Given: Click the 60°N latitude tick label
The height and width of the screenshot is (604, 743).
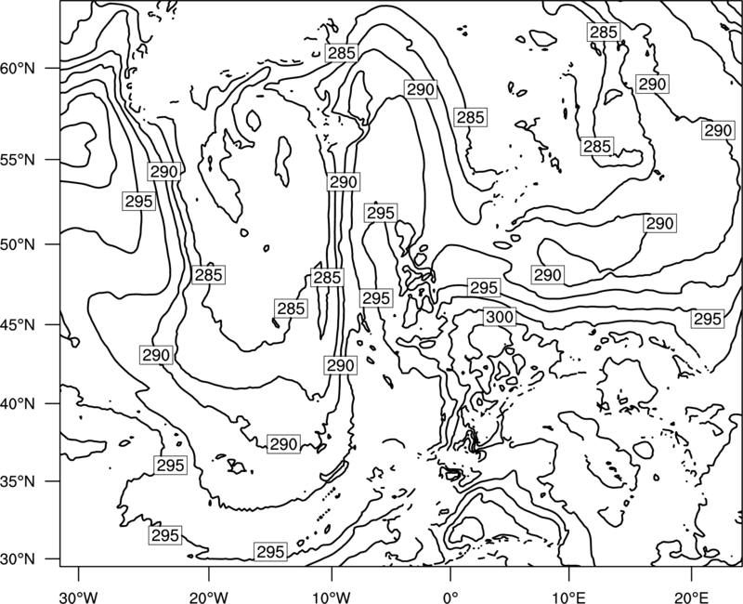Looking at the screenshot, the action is pos(18,69).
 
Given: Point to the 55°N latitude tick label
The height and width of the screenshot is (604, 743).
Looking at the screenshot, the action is pos(18,160).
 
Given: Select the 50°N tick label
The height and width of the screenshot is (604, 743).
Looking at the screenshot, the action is pos(18,244).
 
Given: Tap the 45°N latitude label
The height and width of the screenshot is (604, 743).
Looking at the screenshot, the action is pos(18,324).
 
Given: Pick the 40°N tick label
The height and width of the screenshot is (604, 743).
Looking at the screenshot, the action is pos(18,404).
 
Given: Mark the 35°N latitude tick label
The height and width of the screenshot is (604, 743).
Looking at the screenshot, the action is pos(18,481).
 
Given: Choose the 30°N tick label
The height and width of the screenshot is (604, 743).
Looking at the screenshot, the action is pos(18,559).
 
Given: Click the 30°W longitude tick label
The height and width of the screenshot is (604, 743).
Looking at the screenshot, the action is pos(78,597).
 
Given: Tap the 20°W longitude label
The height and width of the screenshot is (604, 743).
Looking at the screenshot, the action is pos(208,597).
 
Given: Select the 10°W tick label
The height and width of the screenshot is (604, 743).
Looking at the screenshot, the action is pos(332,597).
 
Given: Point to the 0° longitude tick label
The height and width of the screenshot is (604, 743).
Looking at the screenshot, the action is pos(450,597).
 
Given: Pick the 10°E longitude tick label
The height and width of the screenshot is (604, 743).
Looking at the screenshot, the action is pos(568,597).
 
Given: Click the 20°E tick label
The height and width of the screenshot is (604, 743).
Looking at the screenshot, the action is pos(691,597).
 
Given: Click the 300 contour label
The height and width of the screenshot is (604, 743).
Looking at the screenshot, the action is pos(500,317).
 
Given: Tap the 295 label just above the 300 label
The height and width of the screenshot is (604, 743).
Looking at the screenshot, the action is pos(484,287).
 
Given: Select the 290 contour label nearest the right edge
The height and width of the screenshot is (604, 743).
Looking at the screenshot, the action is pos(718,130).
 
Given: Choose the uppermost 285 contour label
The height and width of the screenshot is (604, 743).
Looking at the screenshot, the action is pos(604,32).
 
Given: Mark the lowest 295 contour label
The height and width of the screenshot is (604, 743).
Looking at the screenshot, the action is pos(270,551).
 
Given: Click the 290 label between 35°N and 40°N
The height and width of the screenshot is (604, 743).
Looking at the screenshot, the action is pos(283,444).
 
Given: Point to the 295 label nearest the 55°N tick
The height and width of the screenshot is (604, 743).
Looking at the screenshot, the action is pos(138,201).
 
